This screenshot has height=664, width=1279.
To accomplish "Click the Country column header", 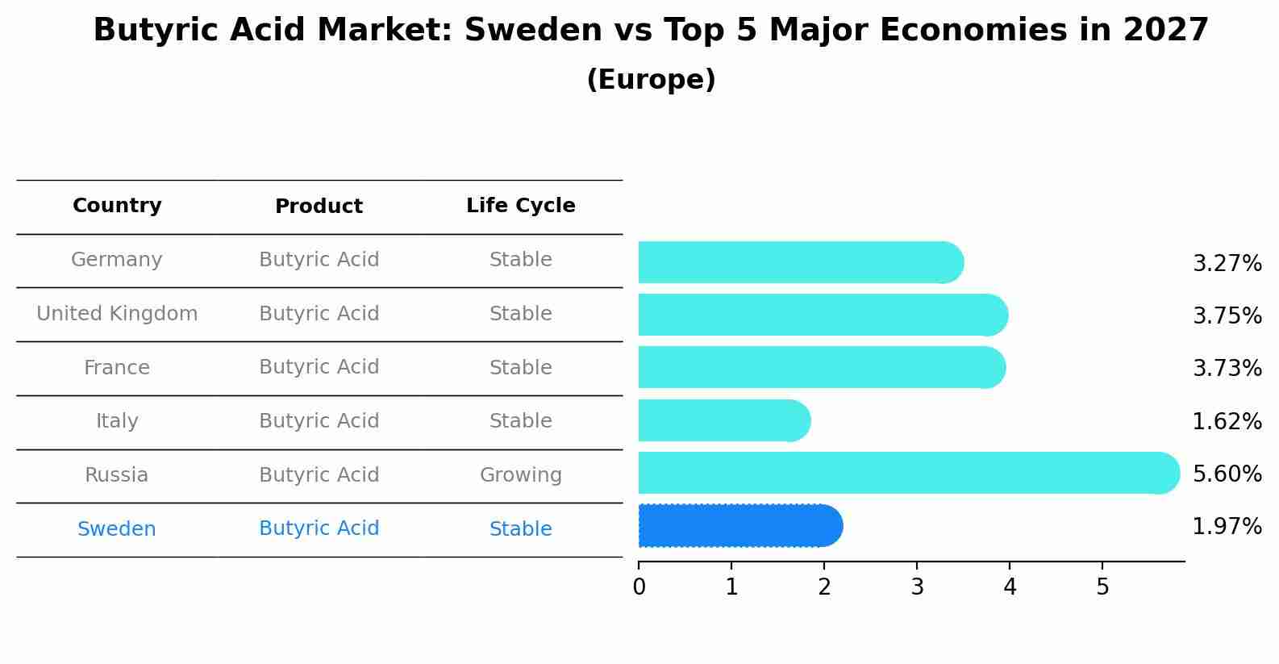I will pos(117,206).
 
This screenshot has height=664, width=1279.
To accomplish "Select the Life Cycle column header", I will pos(520,206).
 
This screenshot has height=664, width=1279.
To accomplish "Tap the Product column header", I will pos(319,207).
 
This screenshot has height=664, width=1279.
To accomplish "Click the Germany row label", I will pos(117,260).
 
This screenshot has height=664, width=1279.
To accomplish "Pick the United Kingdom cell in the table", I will pos(117,314).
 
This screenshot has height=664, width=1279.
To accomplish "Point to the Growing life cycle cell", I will pos(520,475).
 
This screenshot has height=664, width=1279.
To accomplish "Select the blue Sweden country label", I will pos(117,529).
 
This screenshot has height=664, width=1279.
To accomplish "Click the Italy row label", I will pos(117,421).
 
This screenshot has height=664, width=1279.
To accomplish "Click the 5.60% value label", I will pos(1227,474).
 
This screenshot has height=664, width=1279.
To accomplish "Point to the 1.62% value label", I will pos(1227,421).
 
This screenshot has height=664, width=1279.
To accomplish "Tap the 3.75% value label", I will pos(1227,315).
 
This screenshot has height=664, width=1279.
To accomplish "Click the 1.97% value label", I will pos(1227,527).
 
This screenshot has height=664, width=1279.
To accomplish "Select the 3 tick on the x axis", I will pos(917,587).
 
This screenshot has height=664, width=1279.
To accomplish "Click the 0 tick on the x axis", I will pos(639,587).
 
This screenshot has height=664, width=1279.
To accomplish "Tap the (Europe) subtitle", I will pos(651,80).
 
